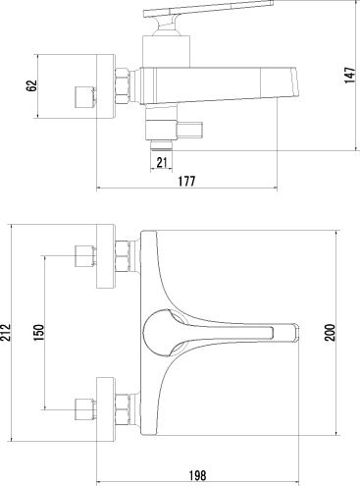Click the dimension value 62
[x=31, y=85]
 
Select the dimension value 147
[x=349, y=75]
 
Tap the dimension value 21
[x=162, y=162]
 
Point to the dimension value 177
[x=186, y=181]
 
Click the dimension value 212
[x=6, y=333]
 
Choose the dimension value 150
[x=38, y=333]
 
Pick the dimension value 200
[x=330, y=333]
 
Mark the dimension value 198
[x=198, y=475]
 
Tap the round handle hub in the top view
[x=158, y=333]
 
